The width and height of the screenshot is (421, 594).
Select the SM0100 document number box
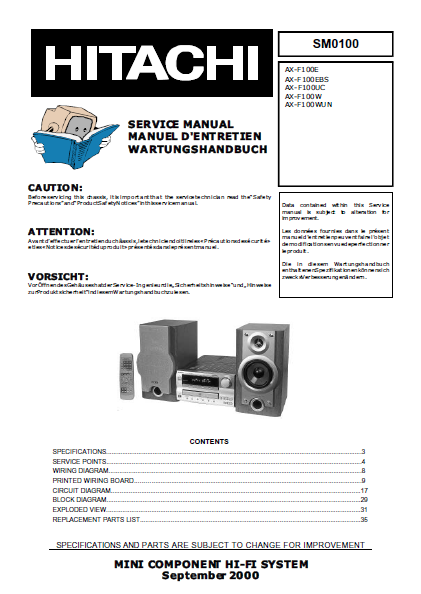[x=335, y=44]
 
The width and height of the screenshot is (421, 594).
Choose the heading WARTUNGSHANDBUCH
[x=196, y=149]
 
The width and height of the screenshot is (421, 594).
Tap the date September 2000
[x=210, y=576]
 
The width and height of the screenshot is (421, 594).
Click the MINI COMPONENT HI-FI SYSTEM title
[x=210, y=565]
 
